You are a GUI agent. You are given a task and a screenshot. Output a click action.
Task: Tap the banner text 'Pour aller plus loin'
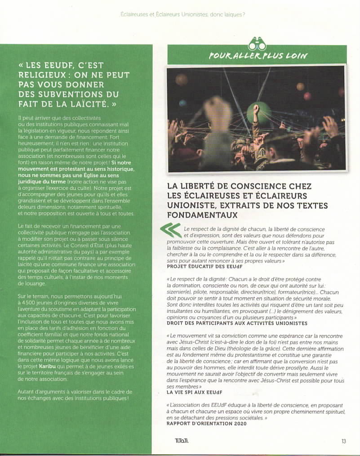click(258, 56)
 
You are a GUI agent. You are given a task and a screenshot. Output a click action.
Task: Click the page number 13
click(343, 441)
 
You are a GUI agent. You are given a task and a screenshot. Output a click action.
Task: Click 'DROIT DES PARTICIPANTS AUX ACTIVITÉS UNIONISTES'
click(237, 323)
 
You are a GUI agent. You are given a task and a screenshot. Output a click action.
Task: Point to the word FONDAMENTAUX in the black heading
click(202, 215)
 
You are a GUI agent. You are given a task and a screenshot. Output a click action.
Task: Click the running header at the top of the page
click(182, 14)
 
